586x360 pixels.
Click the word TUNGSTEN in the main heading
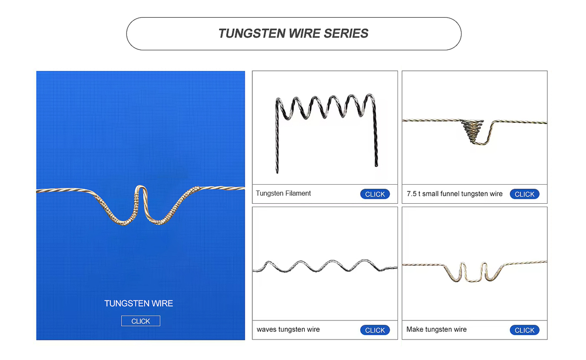click(252, 34)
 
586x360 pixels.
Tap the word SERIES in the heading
click(346, 34)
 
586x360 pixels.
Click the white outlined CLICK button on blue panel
click(141, 321)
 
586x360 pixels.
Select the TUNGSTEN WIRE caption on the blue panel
click(139, 303)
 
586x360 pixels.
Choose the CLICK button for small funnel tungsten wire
click(524, 194)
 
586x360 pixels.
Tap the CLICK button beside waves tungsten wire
click(375, 330)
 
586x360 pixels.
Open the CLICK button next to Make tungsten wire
click(524, 330)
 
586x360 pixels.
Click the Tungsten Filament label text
click(283, 193)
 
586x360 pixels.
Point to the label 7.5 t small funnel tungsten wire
click(455, 194)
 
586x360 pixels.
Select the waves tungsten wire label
click(288, 329)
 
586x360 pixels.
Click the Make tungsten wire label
click(437, 329)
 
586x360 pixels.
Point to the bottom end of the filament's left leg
click(277, 172)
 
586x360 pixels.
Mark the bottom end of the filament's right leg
click(377, 166)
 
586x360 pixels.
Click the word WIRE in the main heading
click(305, 34)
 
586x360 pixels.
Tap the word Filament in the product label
click(298, 193)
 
